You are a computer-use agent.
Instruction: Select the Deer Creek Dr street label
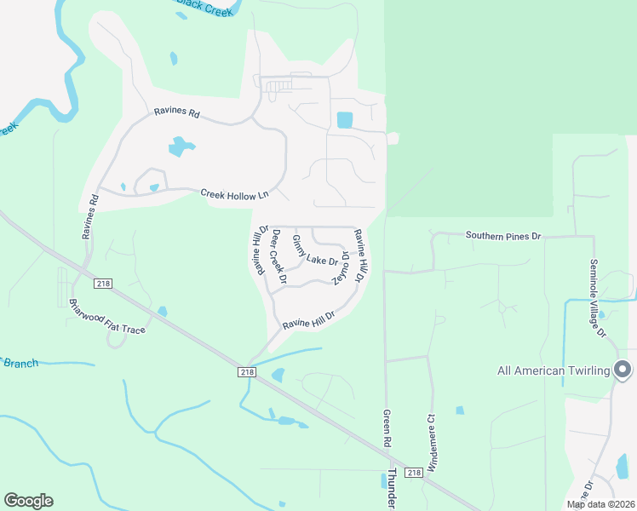pos(279,256)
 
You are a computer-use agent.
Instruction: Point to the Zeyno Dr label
pos(341,267)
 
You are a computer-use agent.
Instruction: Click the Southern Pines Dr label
pos(503,235)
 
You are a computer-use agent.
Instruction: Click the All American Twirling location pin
pos(623,370)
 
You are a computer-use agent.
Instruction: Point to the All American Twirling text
pos(554,370)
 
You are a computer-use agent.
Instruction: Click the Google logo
pos(28,501)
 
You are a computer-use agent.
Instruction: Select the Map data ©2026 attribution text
pos(601,504)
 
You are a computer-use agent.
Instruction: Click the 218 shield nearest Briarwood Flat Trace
pos(104,283)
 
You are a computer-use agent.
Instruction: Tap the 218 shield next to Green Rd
pos(413,473)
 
